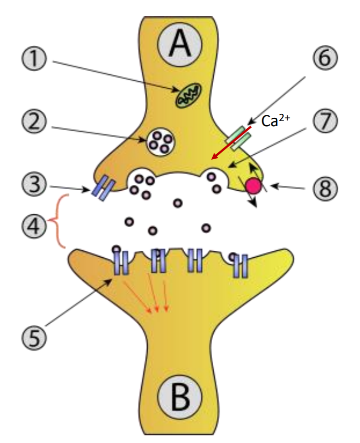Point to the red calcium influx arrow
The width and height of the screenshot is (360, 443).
coord(231,143)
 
